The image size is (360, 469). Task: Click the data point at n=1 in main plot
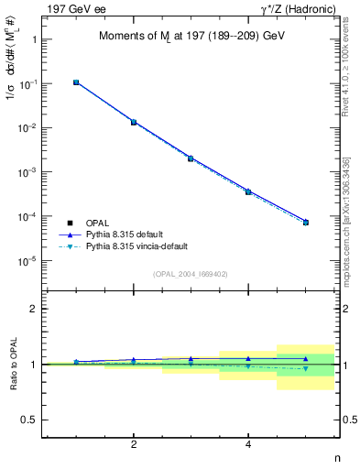[x=76, y=82]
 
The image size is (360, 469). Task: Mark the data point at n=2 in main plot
[x=134, y=122]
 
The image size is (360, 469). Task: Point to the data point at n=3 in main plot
[x=191, y=158]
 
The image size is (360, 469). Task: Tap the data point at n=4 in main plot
[x=248, y=191]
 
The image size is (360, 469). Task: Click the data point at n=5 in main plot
[x=306, y=223]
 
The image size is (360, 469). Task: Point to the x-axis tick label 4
[x=248, y=444]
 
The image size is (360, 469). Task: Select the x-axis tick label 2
[x=134, y=444]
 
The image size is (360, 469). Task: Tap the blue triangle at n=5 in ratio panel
[x=306, y=359]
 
